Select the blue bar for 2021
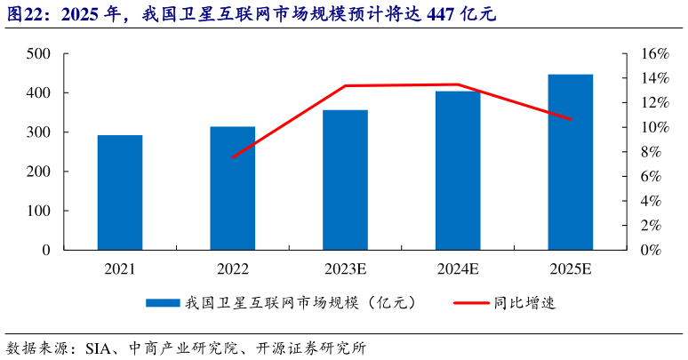click(x=120, y=192)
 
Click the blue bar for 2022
click(x=233, y=188)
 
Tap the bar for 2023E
click(x=345, y=180)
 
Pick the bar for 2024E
click(x=458, y=170)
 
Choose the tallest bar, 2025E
click(x=570, y=162)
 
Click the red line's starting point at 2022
click(x=233, y=157)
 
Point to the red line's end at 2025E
click(x=570, y=119)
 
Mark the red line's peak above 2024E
click(x=458, y=84)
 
